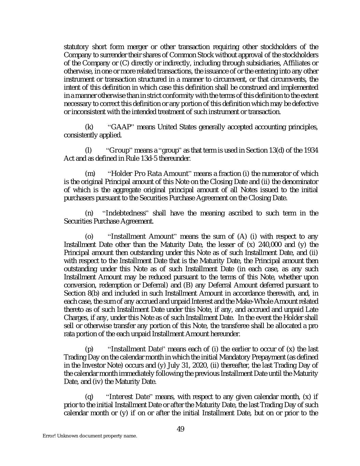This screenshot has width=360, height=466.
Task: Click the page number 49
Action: click(181, 429)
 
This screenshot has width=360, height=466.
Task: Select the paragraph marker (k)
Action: click(89, 128)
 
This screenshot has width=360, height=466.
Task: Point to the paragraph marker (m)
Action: click(90, 174)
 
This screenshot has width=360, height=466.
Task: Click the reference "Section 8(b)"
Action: click(80, 294)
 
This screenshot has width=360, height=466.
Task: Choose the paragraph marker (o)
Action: click(89, 237)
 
